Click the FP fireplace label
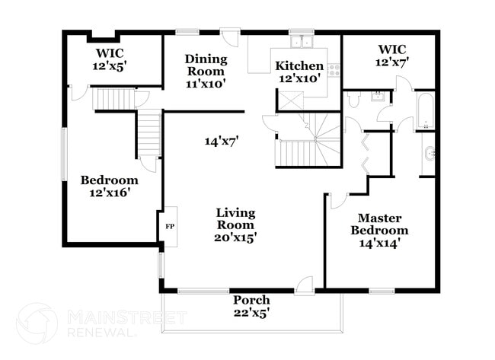169,226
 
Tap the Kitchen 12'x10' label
299,72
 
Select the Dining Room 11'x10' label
206,71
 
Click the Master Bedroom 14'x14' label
378,231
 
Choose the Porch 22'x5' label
251,305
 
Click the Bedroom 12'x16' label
110,186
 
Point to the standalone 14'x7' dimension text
222,140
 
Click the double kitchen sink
302,41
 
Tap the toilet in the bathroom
353,100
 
